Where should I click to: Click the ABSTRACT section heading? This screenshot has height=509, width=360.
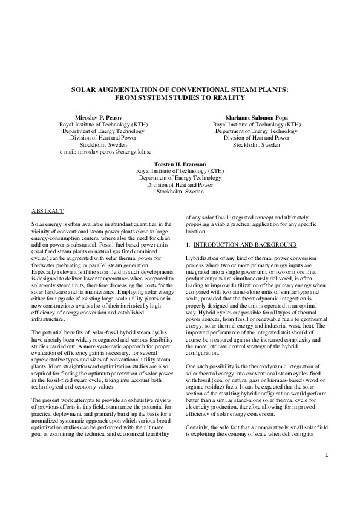[48, 210]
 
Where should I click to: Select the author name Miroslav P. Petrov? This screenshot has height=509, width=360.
[102, 117]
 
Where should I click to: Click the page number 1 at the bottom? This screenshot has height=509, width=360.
[326, 472]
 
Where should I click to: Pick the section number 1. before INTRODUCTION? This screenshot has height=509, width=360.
[188, 244]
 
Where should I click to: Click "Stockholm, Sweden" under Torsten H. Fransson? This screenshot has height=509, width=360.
[179, 191]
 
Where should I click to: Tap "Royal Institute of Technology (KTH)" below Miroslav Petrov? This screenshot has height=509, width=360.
[102, 125]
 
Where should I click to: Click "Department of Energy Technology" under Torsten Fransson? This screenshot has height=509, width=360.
[179, 178]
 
